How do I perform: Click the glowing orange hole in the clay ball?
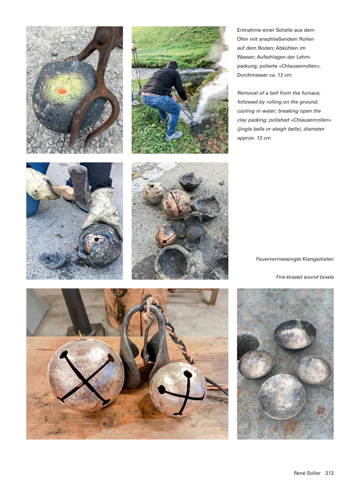62,91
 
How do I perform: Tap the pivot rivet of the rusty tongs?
102,37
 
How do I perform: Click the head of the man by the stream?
172,65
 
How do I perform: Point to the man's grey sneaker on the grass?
174,136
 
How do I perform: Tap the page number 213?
330,473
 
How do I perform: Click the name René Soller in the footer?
307,473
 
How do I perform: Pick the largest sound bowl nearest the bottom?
282,396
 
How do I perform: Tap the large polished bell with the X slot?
86,375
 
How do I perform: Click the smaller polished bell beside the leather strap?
178,390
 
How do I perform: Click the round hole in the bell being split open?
96,240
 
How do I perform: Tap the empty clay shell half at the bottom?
173,262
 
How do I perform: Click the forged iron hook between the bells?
146,338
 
